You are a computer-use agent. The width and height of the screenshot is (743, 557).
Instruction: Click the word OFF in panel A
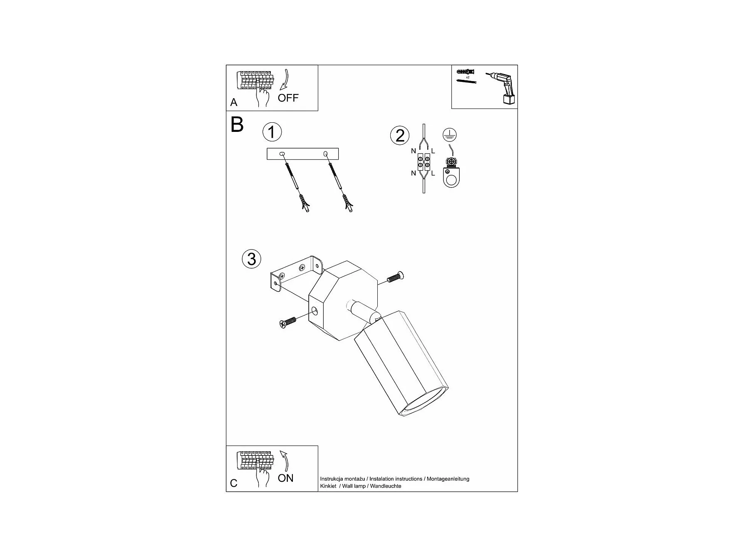[288, 98]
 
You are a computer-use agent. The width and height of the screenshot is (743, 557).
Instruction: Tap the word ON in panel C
[285, 478]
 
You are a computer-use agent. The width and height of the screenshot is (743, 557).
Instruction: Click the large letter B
[237, 124]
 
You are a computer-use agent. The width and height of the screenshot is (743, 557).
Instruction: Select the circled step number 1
[272, 132]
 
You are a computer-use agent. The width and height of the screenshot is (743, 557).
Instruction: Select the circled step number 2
[400, 136]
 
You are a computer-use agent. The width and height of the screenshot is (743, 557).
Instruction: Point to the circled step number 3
[251, 259]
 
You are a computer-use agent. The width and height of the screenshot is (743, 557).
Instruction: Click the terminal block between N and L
[424, 162]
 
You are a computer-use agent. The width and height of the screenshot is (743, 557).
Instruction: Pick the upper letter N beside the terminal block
[413, 151]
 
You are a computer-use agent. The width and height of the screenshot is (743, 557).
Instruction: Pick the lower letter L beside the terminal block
[433, 173]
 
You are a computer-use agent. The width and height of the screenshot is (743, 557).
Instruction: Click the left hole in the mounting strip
[282, 154]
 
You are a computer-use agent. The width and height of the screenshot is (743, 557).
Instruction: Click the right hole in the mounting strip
[325, 154]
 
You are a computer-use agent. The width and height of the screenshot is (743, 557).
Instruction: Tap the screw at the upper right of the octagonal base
[396, 276]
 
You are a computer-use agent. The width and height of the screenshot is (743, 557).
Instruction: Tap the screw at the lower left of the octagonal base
[287, 322]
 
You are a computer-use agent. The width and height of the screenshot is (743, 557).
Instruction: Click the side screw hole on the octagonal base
[315, 310]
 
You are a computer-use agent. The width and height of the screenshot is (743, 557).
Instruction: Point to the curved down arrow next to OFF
[285, 80]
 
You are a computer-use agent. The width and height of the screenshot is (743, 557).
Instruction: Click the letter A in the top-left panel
[234, 102]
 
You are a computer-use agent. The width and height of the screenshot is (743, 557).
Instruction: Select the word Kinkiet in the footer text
[328, 486]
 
